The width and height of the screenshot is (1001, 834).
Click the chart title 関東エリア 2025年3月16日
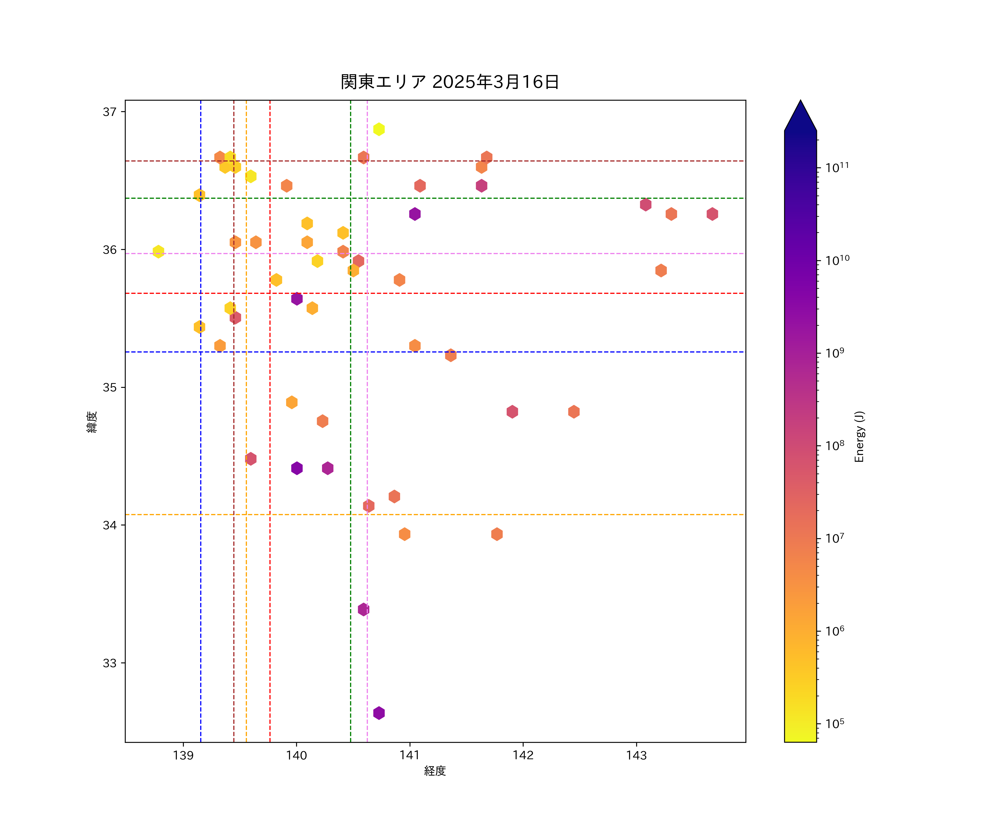[x=450, y=82]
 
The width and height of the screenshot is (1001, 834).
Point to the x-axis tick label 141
[x=410, y=755]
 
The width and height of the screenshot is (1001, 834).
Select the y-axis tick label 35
[x=110, y=388]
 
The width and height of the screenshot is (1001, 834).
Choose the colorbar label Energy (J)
[x=859, y=436]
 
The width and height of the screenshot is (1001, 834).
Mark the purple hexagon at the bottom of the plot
[x=379, y=713]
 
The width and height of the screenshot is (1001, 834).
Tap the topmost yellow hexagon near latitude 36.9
[x=379, y=129]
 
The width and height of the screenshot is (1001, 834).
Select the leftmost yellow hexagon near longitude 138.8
[x=158, y=251]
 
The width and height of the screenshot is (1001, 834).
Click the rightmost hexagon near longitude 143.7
[x=712, y=214]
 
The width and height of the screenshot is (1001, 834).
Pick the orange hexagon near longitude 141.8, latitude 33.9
[x=497, y=534]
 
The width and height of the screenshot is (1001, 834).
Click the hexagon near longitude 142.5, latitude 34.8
[x=574, y=412]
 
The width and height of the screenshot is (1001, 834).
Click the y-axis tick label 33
[x=110, y=663]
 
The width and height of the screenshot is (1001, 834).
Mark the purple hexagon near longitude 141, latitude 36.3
[x=415, y=214]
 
